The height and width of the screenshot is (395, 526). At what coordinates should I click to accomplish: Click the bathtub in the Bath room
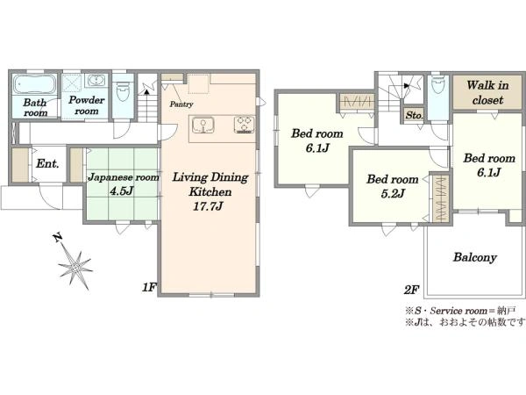34,84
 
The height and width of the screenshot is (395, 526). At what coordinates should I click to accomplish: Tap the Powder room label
87,105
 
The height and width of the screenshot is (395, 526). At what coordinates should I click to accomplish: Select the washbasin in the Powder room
97,81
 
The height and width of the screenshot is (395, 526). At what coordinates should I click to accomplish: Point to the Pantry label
181,104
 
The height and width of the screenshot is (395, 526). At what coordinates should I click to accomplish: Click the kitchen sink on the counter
203,126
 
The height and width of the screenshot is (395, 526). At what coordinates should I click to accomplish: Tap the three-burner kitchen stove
245,125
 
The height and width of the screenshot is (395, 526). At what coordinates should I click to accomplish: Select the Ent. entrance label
48,164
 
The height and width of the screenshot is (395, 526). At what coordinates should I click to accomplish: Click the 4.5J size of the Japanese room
122,190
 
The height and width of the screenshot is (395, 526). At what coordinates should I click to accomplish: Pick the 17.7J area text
208,206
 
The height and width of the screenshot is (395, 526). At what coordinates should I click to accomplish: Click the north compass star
75,267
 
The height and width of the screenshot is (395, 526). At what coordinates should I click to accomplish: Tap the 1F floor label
149,287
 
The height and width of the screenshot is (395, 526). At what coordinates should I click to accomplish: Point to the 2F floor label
411,290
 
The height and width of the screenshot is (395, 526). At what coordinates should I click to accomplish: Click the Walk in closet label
487,92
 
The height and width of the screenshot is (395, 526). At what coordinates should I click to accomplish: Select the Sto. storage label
415,115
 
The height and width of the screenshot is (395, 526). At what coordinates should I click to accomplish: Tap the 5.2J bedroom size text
393,193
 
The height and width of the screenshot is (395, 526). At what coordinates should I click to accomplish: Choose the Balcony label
474,257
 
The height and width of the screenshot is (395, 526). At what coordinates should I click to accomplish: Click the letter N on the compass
58,238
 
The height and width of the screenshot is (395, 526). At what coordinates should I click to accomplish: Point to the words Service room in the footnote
458,311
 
